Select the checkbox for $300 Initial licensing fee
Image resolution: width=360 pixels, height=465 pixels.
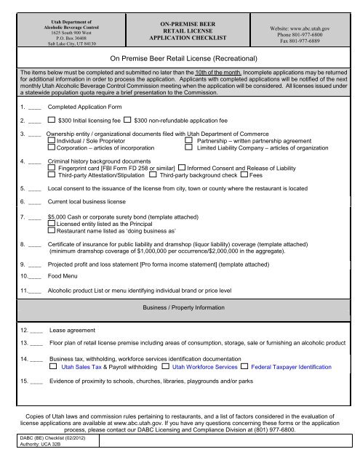(x=51, y=119)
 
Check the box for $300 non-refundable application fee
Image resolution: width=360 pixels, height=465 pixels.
(x=127, y=119)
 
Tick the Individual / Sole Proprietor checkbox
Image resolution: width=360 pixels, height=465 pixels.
(x=51, y=141)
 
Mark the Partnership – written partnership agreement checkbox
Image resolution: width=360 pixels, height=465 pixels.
(x=189, y=141)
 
